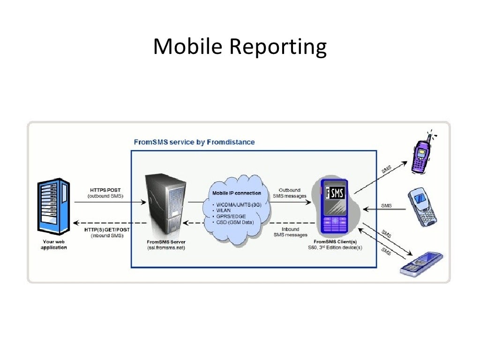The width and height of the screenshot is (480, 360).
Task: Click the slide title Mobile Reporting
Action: tap(240, 47)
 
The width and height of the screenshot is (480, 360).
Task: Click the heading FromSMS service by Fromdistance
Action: tap(194, 142)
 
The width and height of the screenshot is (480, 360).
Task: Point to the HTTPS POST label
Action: tap(105, 190)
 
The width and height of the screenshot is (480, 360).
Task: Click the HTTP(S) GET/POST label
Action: tap(107, 230)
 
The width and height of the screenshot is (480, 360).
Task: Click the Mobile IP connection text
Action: tap(237, 193)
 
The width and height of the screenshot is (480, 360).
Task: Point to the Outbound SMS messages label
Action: tap(289, 193)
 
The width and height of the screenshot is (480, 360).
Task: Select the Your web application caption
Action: tap(53, 245)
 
